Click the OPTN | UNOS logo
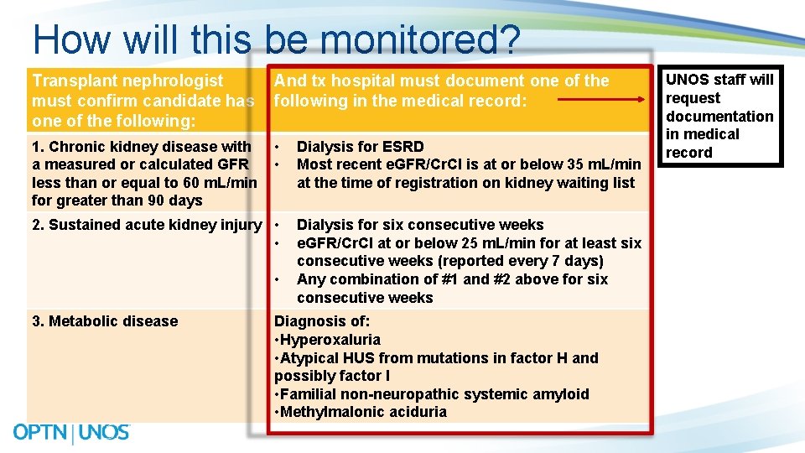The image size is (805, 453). [x=71, y=433]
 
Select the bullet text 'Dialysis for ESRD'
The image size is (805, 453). [x=360, y=147]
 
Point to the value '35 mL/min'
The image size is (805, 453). [x=606, y=164]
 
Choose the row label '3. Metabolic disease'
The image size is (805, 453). [x=105, y=321]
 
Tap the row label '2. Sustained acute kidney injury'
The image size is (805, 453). [x=147, y=225]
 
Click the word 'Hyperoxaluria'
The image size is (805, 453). [x=330, y=340]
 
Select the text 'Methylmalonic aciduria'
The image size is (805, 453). [x=363, y=412]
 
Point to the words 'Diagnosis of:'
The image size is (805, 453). [x=322, y=321]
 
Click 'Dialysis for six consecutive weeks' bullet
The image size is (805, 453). [x=419, y=225]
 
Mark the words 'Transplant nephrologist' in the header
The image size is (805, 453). [x=127, y=81]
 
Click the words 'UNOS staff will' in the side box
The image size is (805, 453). [x=719, y=81]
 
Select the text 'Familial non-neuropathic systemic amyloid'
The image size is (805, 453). [x=434, y=394]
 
